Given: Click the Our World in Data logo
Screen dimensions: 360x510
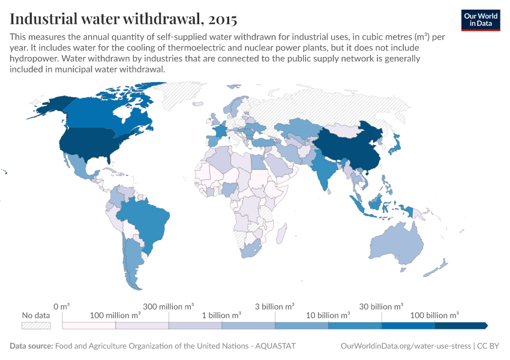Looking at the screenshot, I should coord(480,20).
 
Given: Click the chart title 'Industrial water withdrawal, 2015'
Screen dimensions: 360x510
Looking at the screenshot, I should coord(123,18).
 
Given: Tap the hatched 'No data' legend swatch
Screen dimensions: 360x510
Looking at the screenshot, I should coord(35,325).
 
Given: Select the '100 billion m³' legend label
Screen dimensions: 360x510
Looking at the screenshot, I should coord(434,315).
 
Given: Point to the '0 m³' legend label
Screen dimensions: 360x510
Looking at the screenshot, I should coord(62,306).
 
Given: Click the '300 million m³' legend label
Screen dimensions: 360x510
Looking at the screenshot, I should coord(169,306).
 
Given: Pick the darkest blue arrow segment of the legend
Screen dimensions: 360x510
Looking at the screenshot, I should coord(461,325).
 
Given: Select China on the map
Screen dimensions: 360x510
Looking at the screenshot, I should coord(351,147).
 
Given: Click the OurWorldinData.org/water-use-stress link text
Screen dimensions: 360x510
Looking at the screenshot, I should coord(406,346).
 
